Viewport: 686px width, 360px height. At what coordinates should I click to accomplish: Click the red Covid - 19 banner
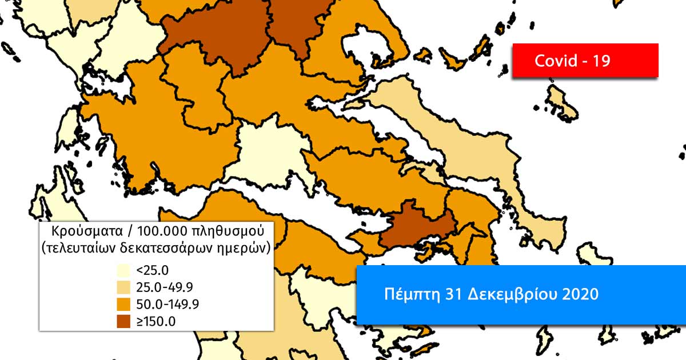(585, 60)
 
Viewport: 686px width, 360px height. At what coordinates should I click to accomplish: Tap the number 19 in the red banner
(601, 61)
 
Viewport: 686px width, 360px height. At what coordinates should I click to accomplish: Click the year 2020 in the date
(580, 294)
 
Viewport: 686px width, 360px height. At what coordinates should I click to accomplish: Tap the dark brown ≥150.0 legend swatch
(124, 320)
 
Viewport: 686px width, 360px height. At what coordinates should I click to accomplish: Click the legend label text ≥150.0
(156, 321)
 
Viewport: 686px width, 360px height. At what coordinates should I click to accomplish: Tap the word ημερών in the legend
(245, 249)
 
